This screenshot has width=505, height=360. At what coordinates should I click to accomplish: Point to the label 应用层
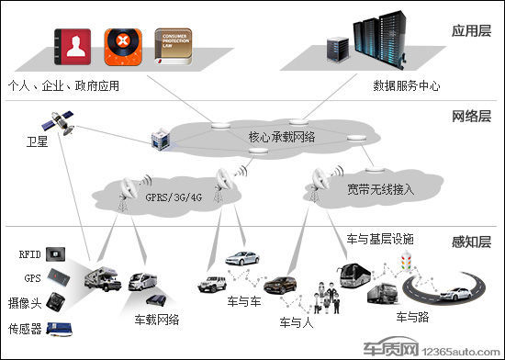(472, 30)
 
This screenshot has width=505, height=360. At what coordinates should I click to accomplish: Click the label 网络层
(472, 117)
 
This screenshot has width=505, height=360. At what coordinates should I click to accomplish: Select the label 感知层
(472, 242)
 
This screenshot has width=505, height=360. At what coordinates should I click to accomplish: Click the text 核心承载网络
(282, 137)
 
